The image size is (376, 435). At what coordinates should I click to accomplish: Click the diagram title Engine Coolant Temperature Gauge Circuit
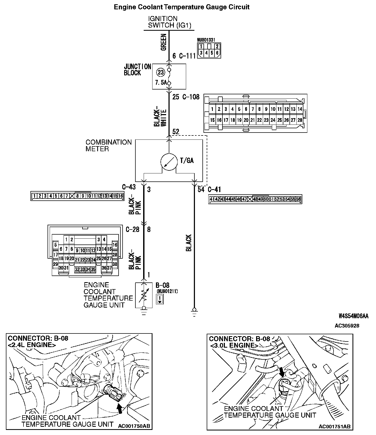pyautogui.click(x=182, y=7)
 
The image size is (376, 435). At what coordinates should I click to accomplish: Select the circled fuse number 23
pyautogui.click(x=160, y=72)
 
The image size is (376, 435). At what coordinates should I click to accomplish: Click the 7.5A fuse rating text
pyautogui.click(x=160, y=83)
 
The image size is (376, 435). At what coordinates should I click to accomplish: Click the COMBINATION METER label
pyautogui.click(x=108, y=146)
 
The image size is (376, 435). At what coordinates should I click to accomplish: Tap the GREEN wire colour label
pyautogui.click(x=163, y=42)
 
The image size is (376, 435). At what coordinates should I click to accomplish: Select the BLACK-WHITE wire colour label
pyautogui.click(x=160, y=118)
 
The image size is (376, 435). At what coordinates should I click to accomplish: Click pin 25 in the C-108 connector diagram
pyautogui.click(x=280, y=120)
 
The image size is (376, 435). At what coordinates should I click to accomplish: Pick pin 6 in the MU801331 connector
pyautogui.click(x=217, y=53)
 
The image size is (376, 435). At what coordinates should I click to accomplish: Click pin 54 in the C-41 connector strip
pyautogui.click(x=288, y=199)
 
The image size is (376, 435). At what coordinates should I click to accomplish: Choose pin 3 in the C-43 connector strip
pyautogui.click(x=45, y=196)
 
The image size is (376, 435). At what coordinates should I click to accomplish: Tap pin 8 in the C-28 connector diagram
pyautogui.click(x=72, y=249)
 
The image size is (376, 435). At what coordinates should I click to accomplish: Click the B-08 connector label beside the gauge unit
pyautogui.click(x=162, y=285)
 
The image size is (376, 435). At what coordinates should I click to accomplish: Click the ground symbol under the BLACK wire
pyautogui.click(x=194, y=312)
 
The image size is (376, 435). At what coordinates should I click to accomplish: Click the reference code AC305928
pyautogui.click(x=347, y=326)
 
